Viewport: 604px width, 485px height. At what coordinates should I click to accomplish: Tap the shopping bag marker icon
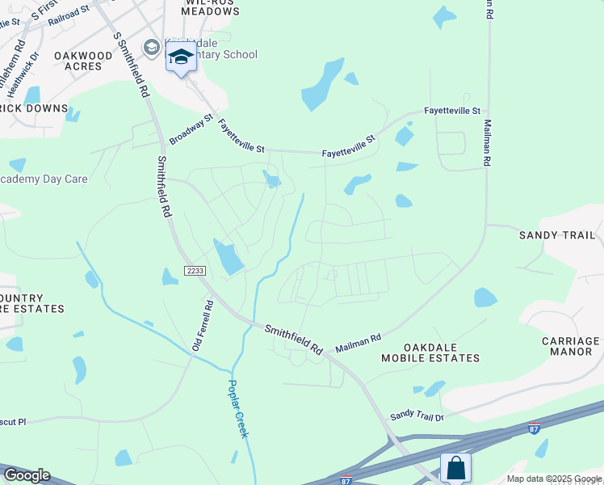[x=455, y=467]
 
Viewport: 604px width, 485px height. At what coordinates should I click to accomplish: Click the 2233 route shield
[x=195, y=270]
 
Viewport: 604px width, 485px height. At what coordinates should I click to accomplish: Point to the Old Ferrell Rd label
[x=201, y=326]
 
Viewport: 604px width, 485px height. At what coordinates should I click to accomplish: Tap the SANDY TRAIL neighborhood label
[x=557, y=235]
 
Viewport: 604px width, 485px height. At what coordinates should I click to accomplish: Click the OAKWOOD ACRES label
[x=83, y=61]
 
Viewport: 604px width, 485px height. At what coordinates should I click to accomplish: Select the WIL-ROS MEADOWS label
[x=202, y=7]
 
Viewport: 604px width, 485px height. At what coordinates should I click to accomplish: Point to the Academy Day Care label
[x=44, y=179]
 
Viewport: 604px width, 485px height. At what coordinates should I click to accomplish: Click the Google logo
[x=26, y=475]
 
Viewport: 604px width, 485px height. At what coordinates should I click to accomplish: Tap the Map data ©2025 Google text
[x=553, y=479]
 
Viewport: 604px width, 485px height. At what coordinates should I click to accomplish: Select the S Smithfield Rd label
[x=132, y=65]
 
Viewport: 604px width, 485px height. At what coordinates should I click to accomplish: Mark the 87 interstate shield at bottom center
[x=346, y=480]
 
